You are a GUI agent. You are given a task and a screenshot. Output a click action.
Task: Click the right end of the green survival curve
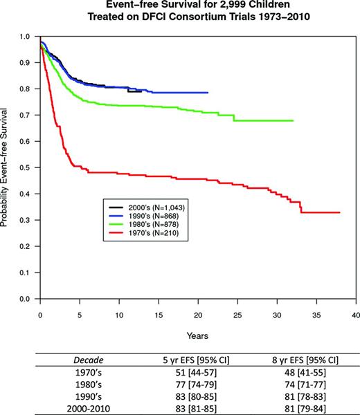pos(293,120)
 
